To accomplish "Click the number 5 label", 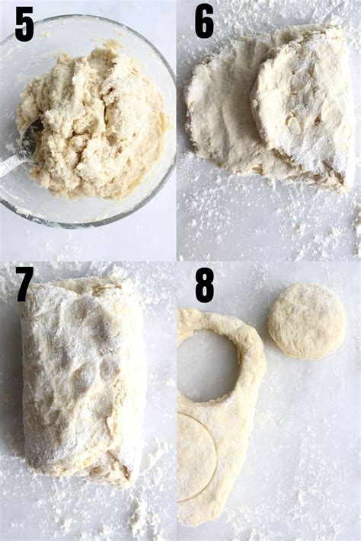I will click(x=24, y=24).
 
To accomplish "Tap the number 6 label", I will click(x=204, y=21).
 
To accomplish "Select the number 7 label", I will click(x=24, y=285).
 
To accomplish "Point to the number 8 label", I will click(x=204, y=285).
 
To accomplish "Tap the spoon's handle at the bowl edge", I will click(x=9, y=167).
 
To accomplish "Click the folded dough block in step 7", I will click(x=80, y=380).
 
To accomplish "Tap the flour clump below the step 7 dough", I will click(x=141, y=517).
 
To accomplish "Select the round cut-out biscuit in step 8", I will click(x=306, y=321).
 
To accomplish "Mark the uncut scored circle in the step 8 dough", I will click(x=194, y=457).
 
